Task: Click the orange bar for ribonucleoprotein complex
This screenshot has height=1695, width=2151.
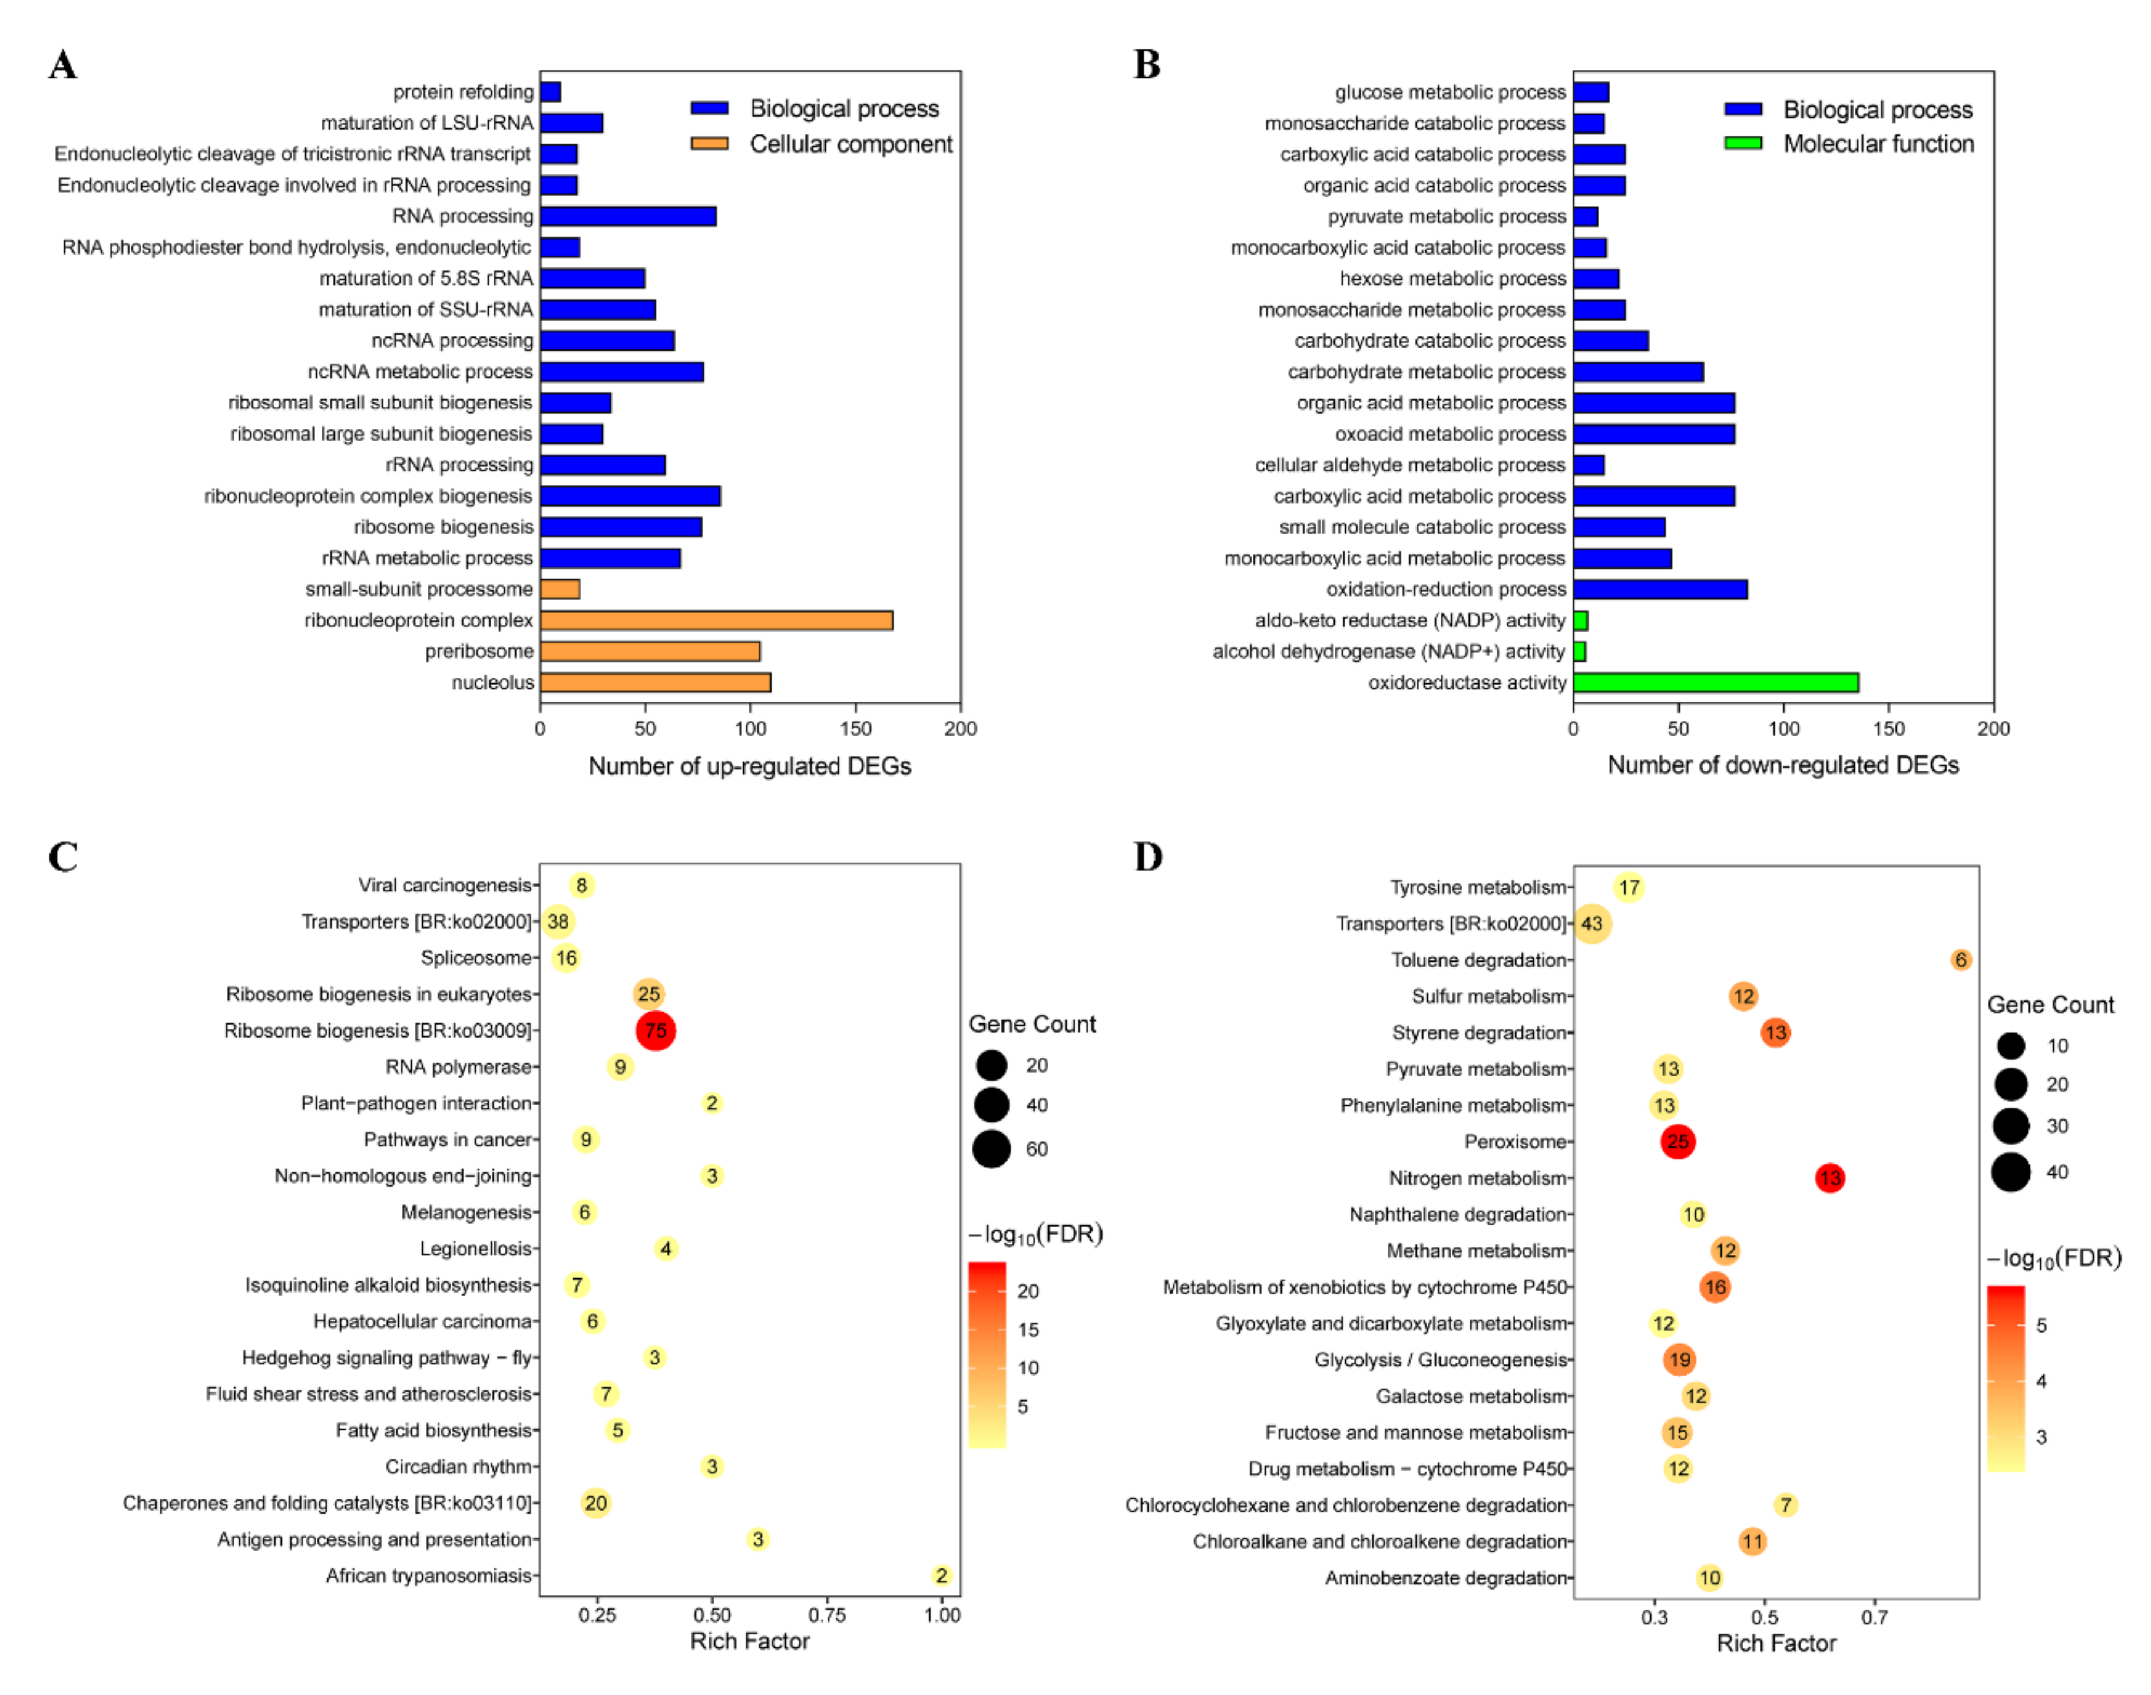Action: [716, 620]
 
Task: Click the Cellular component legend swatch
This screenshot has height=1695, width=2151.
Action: [709, 144]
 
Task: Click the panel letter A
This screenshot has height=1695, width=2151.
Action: [62, 65]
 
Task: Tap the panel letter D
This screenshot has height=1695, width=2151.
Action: [1148, 857]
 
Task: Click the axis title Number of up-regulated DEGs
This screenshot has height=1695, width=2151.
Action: [749, 766]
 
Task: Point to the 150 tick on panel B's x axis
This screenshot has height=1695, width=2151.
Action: [1888, 728]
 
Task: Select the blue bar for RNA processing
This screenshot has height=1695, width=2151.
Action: [628, 216]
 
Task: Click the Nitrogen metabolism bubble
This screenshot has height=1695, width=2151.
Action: [1829, 1178]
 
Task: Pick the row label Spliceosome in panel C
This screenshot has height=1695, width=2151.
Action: [476, 957]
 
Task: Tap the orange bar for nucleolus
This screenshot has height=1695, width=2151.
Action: [655, 683]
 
